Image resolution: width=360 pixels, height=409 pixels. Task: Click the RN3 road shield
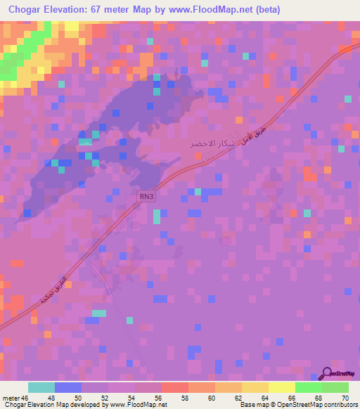click(146, 200)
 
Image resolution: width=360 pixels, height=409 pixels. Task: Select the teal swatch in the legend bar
click(41, 387)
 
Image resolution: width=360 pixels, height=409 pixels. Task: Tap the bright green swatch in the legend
click(309, 387)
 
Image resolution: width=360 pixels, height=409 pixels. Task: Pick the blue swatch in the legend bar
click(68, 387)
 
